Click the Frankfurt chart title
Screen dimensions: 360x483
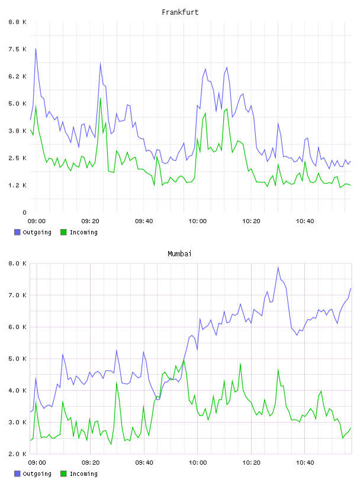pos(180,12)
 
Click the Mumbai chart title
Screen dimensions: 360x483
pos(179,254)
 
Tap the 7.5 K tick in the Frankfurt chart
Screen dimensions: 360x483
pos(18,49)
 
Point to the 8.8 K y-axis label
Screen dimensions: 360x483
pos(18,22)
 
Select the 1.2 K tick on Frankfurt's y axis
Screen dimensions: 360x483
pos(18,185)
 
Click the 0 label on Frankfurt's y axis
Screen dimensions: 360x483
pos(25,212)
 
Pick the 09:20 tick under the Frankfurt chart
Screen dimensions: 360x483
pos(91,221)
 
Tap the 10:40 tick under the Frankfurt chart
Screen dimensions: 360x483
pos(305,221)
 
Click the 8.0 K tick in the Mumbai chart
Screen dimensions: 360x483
pos(18,263)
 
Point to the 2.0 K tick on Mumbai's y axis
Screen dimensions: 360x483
pos(18,454)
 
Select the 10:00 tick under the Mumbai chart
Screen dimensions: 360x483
pos(198,463)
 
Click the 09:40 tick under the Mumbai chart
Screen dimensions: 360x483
pos(144,463)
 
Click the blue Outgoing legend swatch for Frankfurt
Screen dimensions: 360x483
pos(17,232)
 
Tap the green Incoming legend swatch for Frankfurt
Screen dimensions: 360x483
pos(63,232)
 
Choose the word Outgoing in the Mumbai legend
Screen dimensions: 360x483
pos(37,474)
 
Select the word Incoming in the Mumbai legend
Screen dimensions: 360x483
pos(83,474)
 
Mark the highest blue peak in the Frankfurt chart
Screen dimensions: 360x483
pos(36,49)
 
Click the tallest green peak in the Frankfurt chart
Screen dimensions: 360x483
pos(100,98)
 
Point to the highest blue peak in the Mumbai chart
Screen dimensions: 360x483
pos(278,267)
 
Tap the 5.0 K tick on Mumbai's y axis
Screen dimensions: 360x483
pos(18,359)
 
